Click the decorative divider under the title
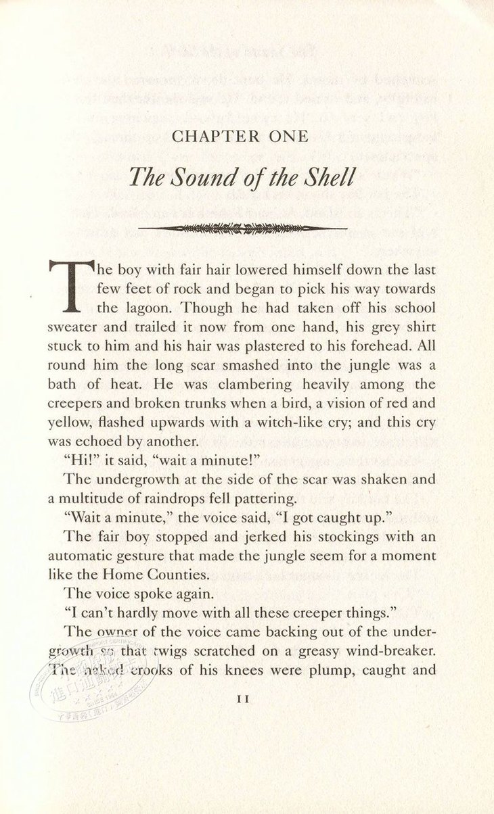242,229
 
